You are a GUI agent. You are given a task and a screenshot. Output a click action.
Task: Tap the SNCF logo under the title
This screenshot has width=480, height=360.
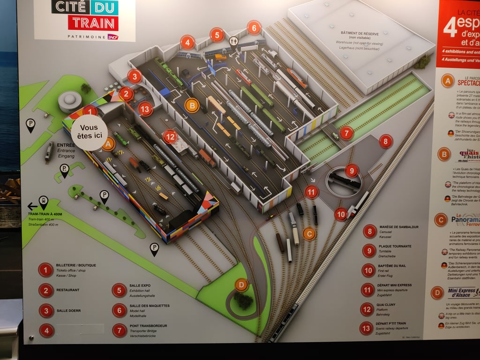coord(112,37)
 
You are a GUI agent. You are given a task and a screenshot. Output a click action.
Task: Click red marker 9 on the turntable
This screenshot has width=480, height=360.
coord(352,171)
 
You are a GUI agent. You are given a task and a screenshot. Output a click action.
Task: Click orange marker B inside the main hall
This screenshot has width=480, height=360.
coord(191,105)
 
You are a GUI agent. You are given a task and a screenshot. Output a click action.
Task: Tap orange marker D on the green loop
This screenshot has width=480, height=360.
coord(241,285)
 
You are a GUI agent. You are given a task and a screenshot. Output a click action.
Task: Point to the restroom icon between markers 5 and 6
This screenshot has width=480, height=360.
coord(234,41)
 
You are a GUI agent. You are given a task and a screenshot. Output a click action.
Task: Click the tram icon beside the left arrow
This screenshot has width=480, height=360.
coord(44,202)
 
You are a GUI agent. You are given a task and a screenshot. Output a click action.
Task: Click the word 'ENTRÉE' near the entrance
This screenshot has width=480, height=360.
coord(66,145)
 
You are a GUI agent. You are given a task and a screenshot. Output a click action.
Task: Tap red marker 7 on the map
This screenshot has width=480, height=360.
coord(346,133)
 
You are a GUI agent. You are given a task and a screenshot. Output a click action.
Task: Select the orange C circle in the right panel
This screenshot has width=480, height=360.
coord(440,220)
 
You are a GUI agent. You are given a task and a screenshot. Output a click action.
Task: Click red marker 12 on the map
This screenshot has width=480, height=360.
coord(170,137)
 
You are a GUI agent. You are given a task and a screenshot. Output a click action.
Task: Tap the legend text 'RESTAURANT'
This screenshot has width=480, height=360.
coord(67,290)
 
